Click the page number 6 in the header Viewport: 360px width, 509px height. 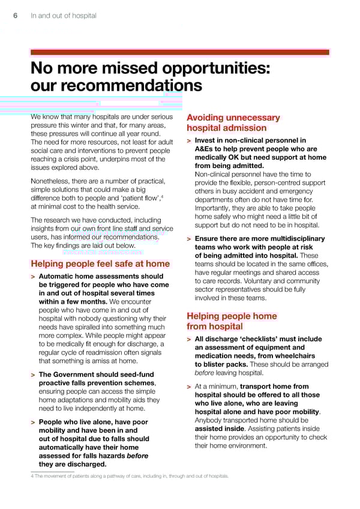[x=16, y=16]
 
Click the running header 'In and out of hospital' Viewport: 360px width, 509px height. [x=63, y=16]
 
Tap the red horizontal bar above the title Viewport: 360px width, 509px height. [x=180, y=52]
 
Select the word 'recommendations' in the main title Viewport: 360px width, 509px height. [x=116, y=86]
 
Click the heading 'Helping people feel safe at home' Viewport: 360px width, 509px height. [x=100, y=264]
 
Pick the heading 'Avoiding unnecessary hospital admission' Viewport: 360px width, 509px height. [x=233, y=122]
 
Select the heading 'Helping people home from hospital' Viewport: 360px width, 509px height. [x=232, y=321]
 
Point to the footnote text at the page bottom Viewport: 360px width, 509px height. [x=129, y=476]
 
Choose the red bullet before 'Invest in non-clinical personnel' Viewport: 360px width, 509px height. [x=189, y=141]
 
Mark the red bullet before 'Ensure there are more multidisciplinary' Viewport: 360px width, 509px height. [x=189, y=239]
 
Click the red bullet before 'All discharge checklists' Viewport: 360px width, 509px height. [x=189, y=340]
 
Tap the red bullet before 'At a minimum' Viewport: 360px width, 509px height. [x=189, y=387]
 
